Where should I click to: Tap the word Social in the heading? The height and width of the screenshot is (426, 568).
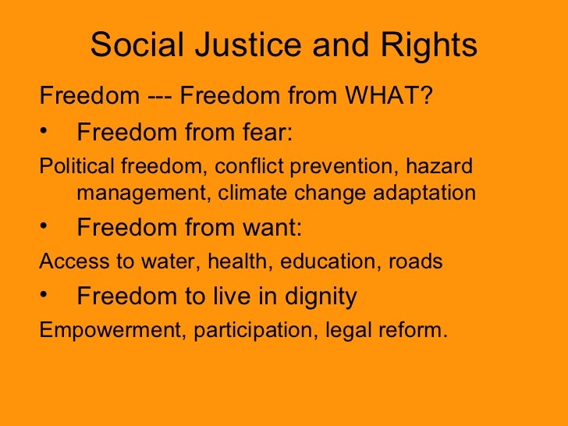139,46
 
